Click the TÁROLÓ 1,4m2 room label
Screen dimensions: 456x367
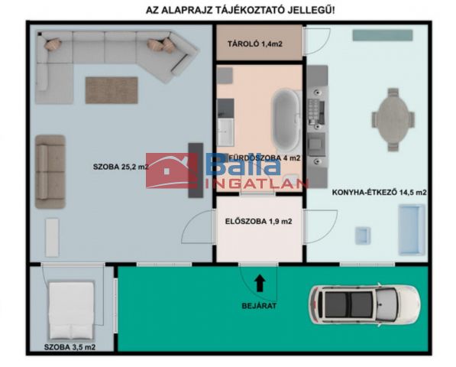click(255, 44)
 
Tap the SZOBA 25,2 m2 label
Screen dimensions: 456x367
click(121, 167)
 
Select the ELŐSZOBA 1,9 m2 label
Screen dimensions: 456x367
click(258, 222)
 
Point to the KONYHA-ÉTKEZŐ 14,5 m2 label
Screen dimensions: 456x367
click(379, 193)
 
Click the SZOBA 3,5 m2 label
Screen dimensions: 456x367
click(70, 347)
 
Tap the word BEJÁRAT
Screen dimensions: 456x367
click(259, 306)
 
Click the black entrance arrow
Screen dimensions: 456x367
click(260, 284)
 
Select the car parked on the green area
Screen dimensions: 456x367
click(364, 305)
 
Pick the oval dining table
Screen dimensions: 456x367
click(393, 119)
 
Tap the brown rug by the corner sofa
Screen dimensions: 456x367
click(112, 90)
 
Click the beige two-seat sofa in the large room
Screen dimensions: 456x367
click(50, 172)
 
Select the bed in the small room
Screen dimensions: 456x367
click(72, 310)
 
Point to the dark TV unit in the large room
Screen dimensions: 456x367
click(196, 171)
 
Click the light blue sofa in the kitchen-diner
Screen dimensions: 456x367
click(411, 229)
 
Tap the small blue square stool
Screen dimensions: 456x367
click(363, 235)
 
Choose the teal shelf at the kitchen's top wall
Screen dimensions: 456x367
click(383, 35)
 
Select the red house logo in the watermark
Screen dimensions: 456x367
click(172, 171)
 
